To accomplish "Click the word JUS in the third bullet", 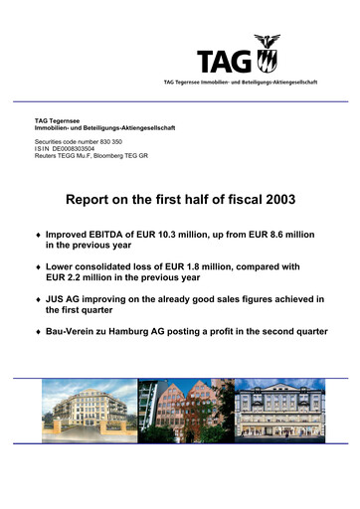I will [x=59, y=299].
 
